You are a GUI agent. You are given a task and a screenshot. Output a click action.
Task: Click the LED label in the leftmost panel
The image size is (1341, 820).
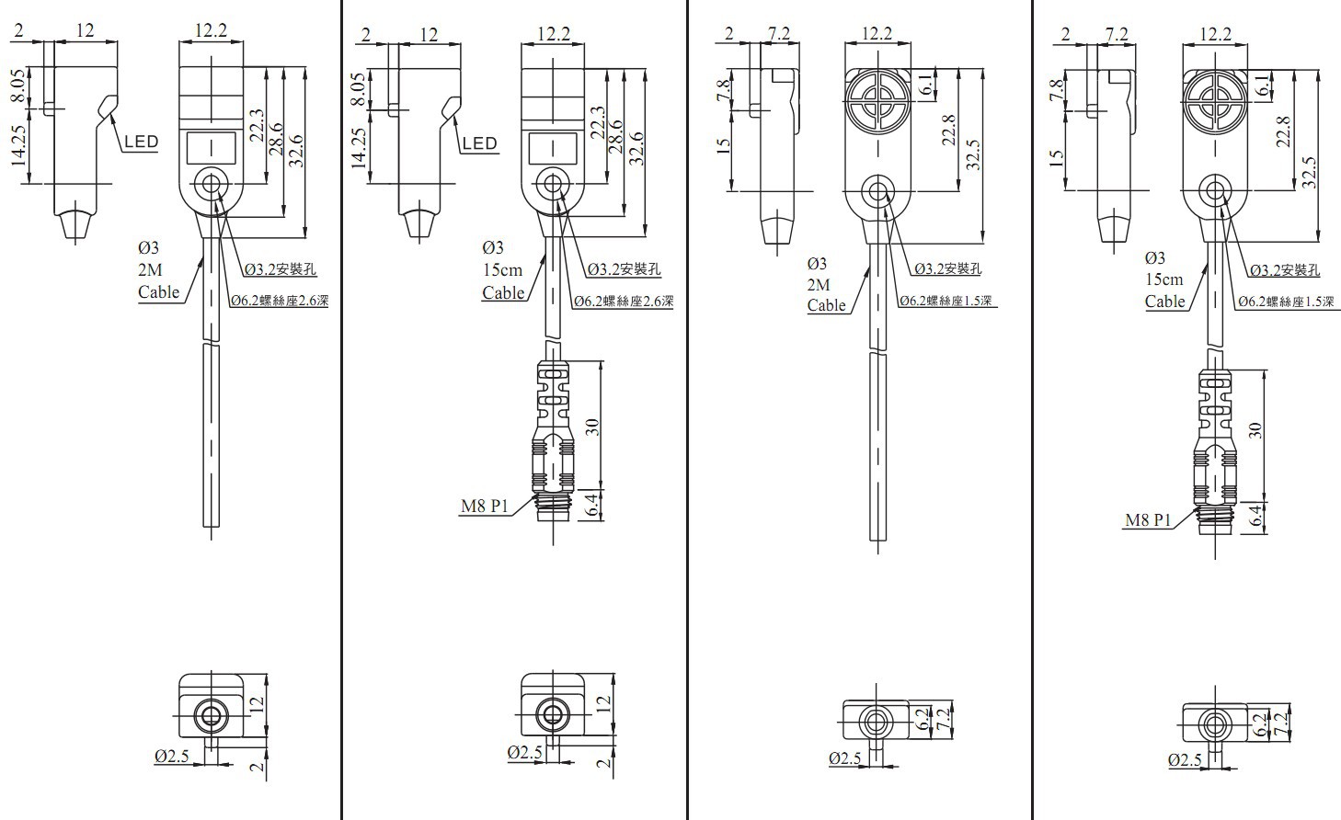point(141,142)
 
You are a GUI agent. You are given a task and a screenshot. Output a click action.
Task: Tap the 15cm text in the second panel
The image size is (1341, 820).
point(502,269)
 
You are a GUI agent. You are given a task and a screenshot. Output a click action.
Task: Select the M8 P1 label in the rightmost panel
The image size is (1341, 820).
point(1148,520)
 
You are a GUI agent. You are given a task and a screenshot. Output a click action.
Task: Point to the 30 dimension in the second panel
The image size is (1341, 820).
point(593,426)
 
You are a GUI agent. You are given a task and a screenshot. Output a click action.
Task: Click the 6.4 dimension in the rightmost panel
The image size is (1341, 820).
point(1254,515)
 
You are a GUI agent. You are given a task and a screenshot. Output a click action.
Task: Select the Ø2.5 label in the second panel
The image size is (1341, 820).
point(525,752)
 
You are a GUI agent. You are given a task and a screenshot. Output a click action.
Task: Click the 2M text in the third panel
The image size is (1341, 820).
point(818,284)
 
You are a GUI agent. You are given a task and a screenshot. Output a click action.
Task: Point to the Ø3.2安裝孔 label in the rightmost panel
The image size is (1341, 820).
point(1285,269)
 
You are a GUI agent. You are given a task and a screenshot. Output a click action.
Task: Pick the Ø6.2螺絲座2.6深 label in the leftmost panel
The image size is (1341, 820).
point(279,300)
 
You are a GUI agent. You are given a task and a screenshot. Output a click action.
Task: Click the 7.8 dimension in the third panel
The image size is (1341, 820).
point(723,92)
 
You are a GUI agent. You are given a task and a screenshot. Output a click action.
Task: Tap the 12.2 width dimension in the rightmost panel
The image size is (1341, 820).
point(1215,33)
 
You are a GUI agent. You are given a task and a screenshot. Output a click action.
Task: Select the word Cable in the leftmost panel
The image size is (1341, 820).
point(159,292)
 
